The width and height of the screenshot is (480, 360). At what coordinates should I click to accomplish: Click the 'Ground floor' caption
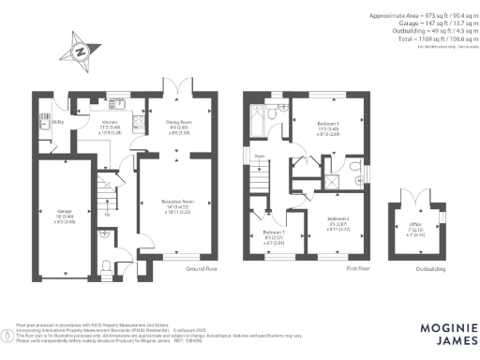194,269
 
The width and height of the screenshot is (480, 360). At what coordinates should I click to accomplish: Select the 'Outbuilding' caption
430,269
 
